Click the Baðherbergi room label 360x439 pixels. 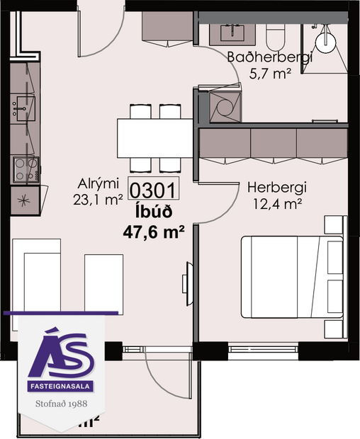pyautogui.click(x=269, y=58)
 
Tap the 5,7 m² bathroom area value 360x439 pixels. pyautogui.click(x=270, y=74)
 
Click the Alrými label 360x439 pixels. pyautogui.click(x=99, y=185)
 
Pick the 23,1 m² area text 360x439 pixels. pyautogui.click(x=98, y=200)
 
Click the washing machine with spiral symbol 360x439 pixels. pyautogui.click(x=226, y=107)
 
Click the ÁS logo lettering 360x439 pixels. pyautogui.click(x=61, y=352)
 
